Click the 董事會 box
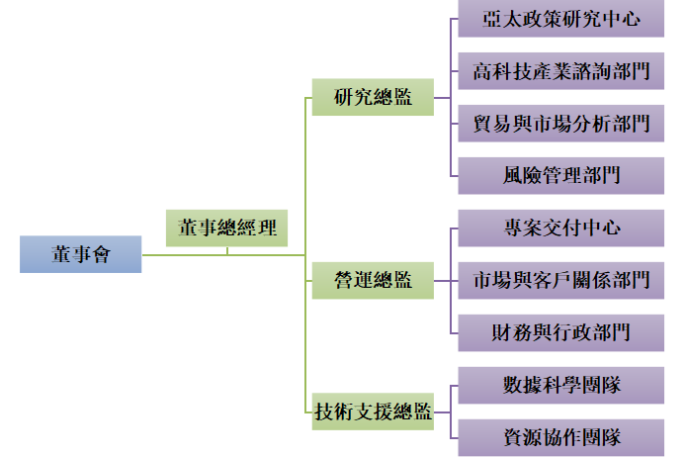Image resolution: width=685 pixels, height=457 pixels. click(81, 254)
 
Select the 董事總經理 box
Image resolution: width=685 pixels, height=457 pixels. click(227, 228)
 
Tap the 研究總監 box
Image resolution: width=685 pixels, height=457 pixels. click(373, 98)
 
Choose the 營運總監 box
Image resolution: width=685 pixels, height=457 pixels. click(373, 280)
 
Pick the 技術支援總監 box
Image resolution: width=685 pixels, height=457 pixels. click(373, 410)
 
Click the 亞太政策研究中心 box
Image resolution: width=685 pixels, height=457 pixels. click(561, 19)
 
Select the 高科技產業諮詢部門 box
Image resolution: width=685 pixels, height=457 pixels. click(561, 71)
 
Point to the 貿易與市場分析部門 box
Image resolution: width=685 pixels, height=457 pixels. click(561, 124)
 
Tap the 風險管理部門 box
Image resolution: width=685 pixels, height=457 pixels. click(561, 175)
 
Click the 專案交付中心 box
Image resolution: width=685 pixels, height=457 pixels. click(561, 228)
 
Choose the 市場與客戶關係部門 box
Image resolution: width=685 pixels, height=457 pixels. click(561, 280)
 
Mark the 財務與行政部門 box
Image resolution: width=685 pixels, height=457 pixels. click(561, 331)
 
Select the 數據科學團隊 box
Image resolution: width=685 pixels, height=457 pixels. click(561, 384)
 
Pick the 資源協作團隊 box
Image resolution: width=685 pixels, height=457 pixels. click(561, 435)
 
